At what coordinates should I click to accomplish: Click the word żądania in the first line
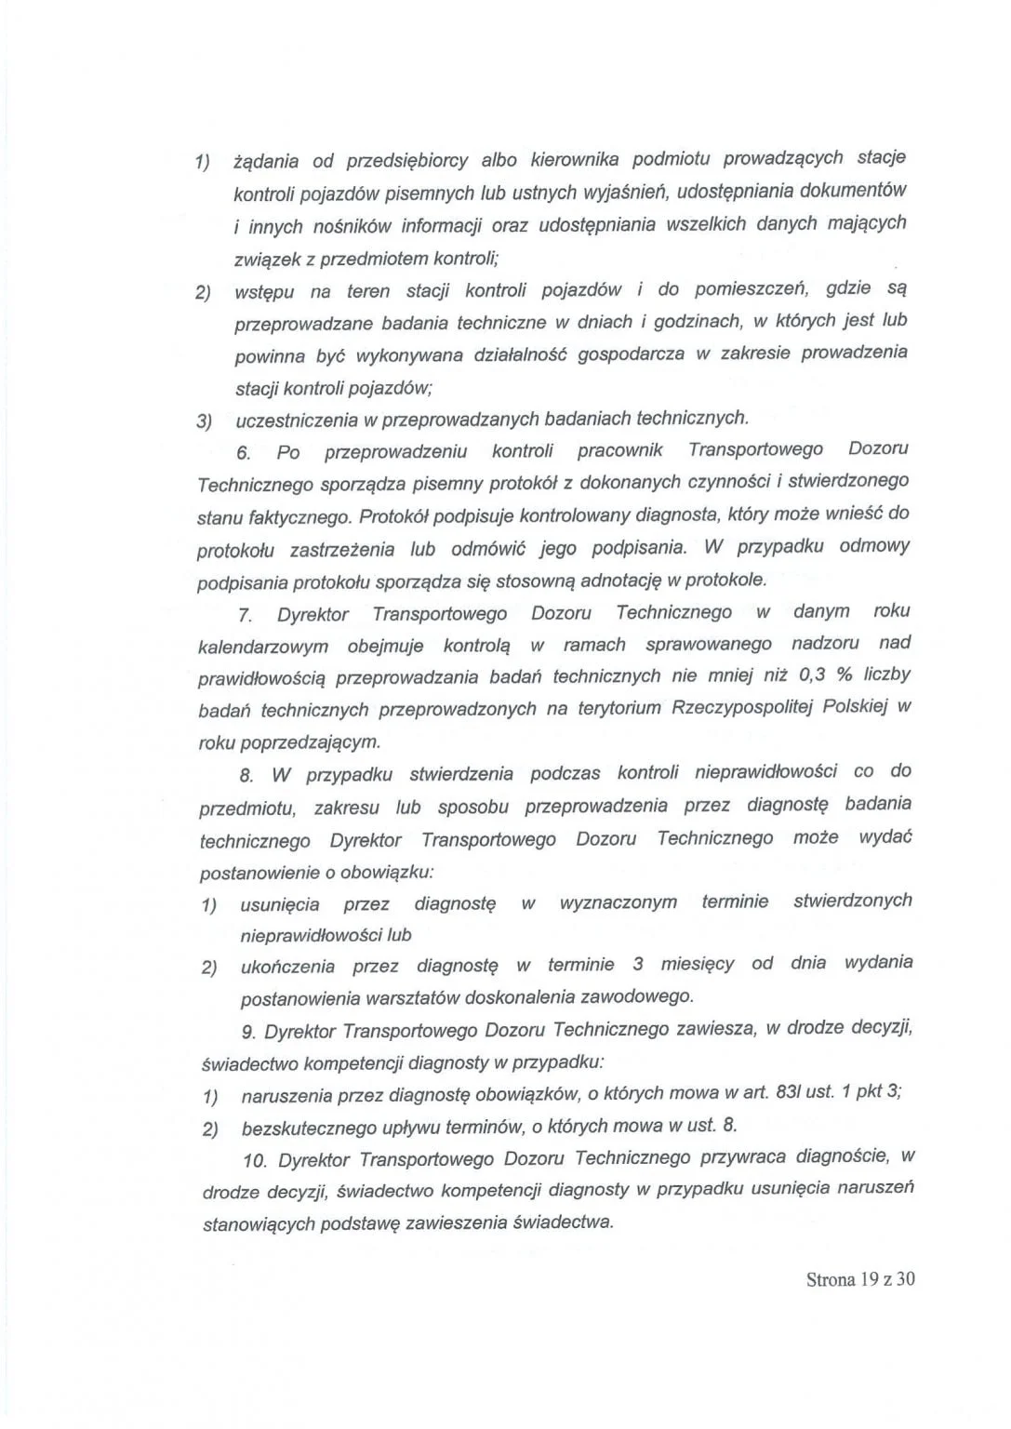coord(266,161)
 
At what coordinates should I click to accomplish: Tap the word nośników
coord(351,226)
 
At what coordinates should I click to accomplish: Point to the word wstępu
coord(264,292)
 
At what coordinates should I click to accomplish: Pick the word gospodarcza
coord(630,354)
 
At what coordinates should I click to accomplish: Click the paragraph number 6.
coord(244,453)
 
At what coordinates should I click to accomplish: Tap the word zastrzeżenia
coord(342,550)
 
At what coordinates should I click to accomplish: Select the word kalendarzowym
coord(263,647)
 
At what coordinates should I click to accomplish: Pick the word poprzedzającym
coord(310,742)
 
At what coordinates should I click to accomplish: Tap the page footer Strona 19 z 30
coord(860,1279)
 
